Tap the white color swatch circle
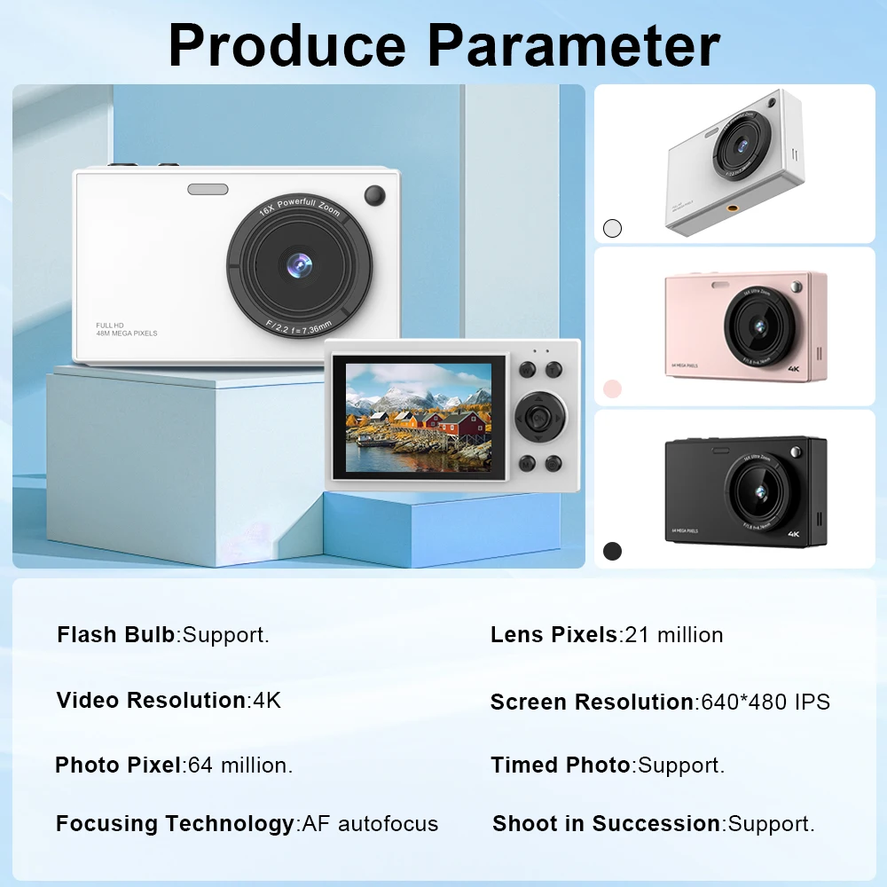[612, 228]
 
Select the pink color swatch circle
[612, 389]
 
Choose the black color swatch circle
[612, 551]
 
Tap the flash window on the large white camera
[208, 189]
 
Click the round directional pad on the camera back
[538, 415]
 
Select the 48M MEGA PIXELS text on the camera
[127, 334]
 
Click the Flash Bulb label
[115, 635]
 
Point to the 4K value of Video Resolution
[267, 700]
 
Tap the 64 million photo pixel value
[240, 765]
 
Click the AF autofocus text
[371, 824]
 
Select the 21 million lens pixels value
[674, 635]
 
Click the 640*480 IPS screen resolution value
[765, 703]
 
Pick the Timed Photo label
[560, 765]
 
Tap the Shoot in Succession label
[606, 824]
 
